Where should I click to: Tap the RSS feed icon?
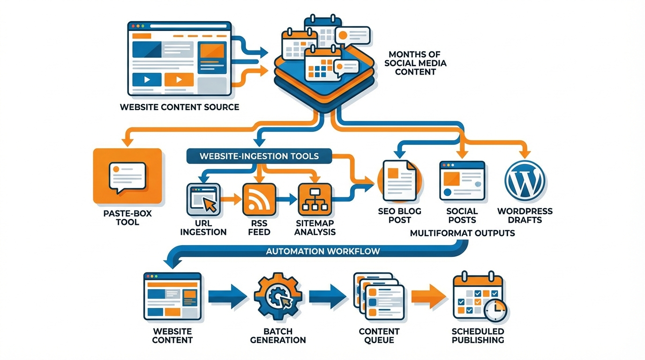coord(257,199)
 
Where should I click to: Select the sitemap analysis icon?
coord(315,199)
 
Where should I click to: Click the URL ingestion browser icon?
coord(203,199)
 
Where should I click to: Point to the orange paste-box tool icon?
coord(127,176)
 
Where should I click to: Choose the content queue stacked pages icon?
coord(378,297)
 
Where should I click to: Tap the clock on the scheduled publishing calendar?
coord(496,310)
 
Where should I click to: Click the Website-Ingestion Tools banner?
coord(259,156)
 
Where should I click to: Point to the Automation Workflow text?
coord(323,251)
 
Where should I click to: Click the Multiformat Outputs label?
coord(462,233)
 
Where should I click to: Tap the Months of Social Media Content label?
coord(415,63)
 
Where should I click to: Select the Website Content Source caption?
coord(180,107)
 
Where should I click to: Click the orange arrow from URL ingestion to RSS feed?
coord(230,199)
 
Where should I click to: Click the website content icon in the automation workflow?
coord(172,297)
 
